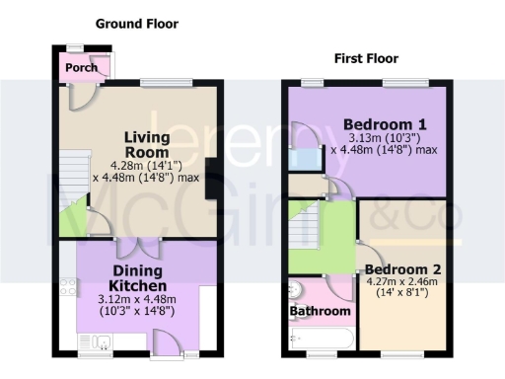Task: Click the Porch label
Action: click(x=83, y=68)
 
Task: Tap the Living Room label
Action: click(x=147, y=144)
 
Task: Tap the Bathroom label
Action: click(x=321, y=311)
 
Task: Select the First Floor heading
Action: click(x=366, y=57)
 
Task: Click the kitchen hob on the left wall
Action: click(x=69, y=288)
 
